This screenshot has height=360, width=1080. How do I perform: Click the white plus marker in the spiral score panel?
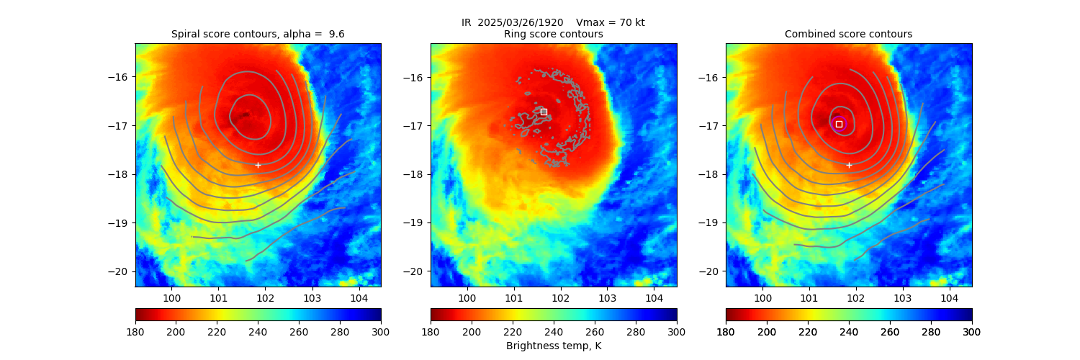click(x=258, y=165)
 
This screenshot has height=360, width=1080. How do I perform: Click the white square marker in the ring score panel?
click(x=544, y=112)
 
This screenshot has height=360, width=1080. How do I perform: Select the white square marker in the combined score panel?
click(x=839, y=124)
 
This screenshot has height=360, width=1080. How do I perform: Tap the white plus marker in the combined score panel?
click(x=849, y=165)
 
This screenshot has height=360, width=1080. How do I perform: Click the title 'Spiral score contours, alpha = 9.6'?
click(x=258, y=34)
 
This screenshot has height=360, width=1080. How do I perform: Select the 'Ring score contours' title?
click(x=553, y=34)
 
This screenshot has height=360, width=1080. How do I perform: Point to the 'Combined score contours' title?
click(x=848, y=34)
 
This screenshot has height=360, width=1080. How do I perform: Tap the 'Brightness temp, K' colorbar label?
click(x=553, y=346)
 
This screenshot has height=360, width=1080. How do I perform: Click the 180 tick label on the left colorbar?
click(x=135, y=331)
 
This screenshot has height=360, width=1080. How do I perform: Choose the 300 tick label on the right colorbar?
click(x=972, y=331)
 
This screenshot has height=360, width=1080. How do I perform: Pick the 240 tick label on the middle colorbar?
click(x=554, y=331)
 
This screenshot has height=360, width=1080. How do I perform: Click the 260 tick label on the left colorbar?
click(x=299, y=331)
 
